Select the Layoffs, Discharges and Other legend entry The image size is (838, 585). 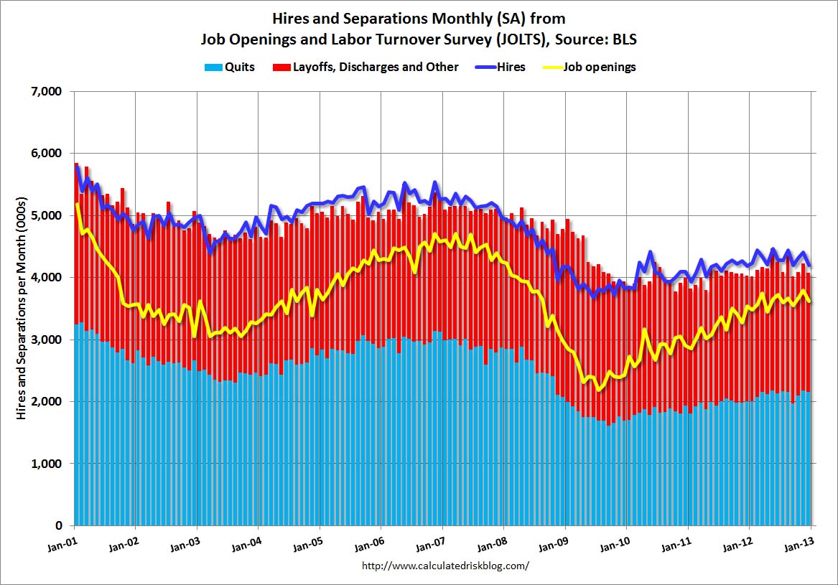(374, 67)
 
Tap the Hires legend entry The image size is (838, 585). (511, 67)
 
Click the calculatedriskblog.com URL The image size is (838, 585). (446, 566)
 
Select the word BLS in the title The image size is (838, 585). (624, 40)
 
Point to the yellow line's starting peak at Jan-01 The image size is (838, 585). (77, 204)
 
